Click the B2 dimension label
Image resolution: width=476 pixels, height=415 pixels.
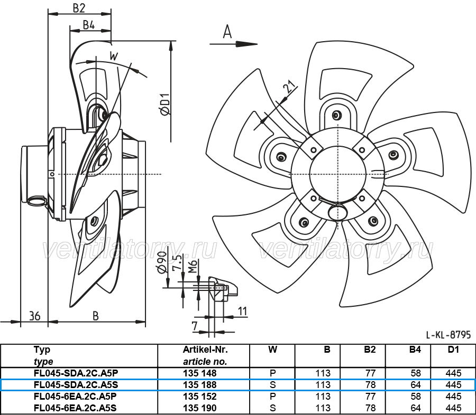point(79,8)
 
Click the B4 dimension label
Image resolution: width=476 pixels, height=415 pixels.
point(89,25)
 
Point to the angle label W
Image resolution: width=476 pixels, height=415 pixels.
point(114,56)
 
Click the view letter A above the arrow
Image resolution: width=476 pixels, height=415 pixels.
point(227,32)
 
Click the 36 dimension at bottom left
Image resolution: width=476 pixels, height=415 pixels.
point(34,316)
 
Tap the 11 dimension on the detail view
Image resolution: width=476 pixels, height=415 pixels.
point(242,312)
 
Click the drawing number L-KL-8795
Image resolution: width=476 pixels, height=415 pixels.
point(448,335)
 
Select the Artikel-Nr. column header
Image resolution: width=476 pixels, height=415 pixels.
point(205,350)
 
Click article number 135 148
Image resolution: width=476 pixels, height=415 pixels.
point(200,373)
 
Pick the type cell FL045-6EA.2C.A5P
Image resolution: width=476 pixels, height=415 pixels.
point(75,396)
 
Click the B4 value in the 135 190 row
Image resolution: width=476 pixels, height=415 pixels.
point(416,408)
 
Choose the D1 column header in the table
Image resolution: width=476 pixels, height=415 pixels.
point(453,350)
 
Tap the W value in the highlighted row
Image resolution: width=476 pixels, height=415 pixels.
point(272,385)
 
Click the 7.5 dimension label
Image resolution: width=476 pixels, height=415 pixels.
point(179,262)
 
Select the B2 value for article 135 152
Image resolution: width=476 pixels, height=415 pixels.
point(371,396)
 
